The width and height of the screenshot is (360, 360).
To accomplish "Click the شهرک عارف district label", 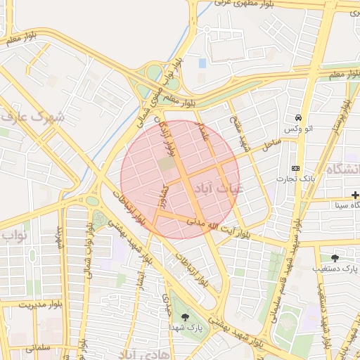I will [33, 117].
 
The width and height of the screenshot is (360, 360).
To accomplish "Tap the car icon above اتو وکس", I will [300, 117].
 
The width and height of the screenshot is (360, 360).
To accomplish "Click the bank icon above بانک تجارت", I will [295, 168].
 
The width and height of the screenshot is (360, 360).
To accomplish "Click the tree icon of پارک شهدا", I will [185, 316].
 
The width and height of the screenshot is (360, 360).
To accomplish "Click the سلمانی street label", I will [39, 347].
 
